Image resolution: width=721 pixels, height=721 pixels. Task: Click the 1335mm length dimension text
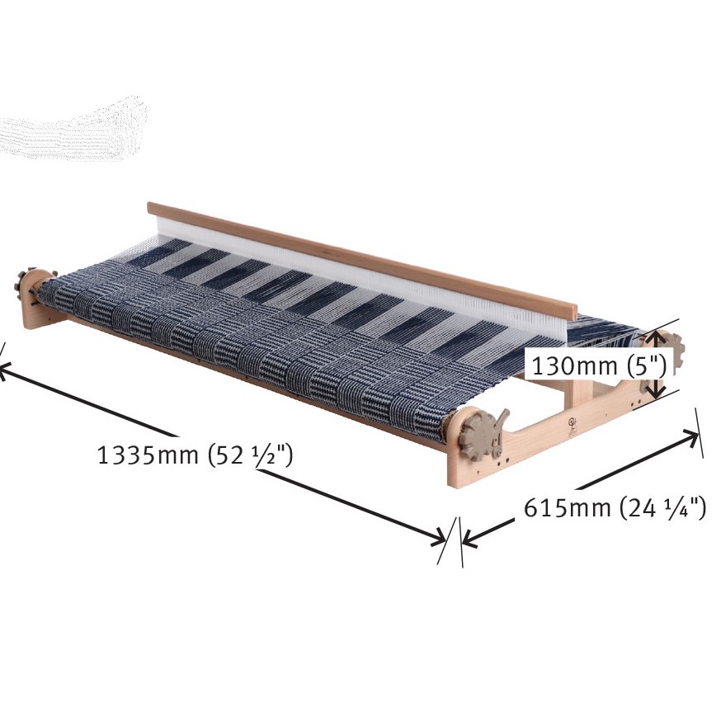pyautogui.click(x=147, y=455)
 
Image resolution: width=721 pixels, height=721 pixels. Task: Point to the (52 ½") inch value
pyautogui.click(x=250, y=456)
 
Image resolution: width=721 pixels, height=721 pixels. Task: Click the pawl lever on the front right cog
pyautogui.click(x=500, y=430)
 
